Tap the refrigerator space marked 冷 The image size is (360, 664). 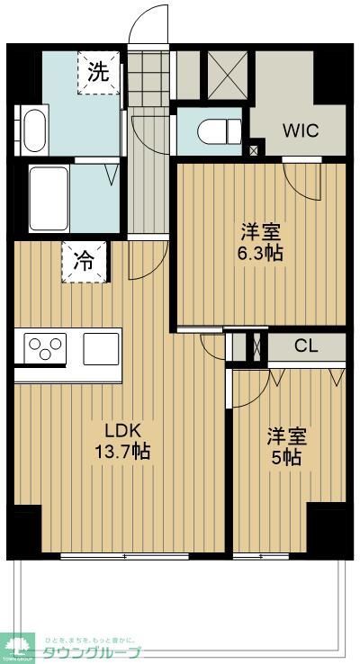83,262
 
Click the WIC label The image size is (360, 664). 300,129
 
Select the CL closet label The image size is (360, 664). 306,345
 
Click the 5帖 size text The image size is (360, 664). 287,457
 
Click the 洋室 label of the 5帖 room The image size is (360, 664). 287,436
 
